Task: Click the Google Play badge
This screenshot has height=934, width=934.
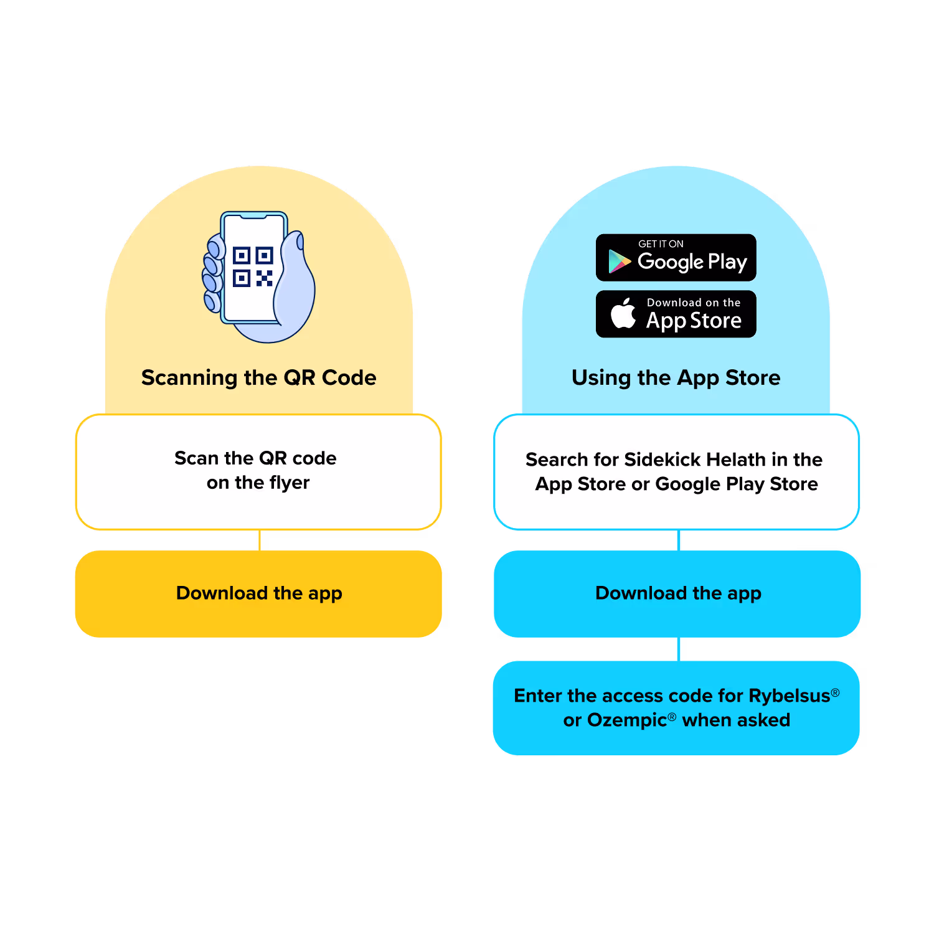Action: click(676, 258)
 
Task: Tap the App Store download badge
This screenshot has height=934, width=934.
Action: click(676, 314)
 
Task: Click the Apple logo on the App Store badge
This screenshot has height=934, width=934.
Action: click(623, 313)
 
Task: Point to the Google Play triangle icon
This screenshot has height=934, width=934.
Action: click(619, 262)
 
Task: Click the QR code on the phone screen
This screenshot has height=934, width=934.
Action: click(252, 267)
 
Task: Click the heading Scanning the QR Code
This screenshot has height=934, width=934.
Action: click(258, 377)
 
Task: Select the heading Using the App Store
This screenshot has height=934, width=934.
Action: click(676, 377)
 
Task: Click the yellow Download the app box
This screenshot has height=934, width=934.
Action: click(258, 593)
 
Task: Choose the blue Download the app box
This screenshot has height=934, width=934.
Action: click(677, 593)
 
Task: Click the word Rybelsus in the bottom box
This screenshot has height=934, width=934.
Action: click(789, 696)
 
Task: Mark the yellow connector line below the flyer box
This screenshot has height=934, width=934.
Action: click(260, 540)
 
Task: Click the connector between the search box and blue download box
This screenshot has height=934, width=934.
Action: click(679, 540)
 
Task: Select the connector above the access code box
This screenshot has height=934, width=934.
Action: click(679, 649)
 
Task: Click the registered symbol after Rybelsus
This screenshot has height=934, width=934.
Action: click(836, 692)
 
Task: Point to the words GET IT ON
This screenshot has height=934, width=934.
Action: click(661, 244)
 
